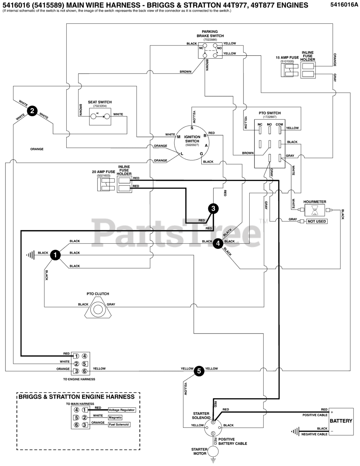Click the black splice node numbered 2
(32, 111)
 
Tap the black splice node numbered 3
(213, 209)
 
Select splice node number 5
(199, 371)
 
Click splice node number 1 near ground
(55, 255)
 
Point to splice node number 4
(218, 244)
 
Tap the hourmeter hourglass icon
(314, 210)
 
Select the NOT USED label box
(317, 221)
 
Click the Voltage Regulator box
(122, 410)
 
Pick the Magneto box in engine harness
(115, 417)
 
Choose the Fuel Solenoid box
(119, 424)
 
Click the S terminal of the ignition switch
(192, 128)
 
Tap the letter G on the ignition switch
(201, 154)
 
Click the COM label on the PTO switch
(279, 125)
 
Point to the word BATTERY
(341, 421)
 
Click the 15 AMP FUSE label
(287, 58)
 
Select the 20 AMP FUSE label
(104, 172)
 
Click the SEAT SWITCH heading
(100, 102)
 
